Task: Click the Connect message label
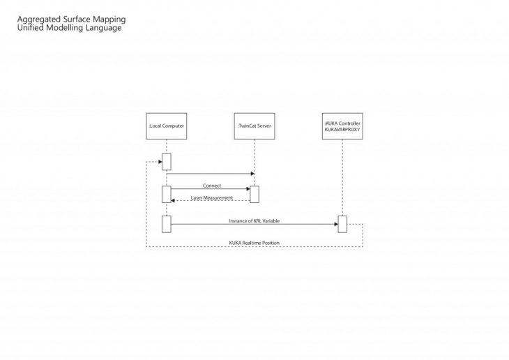pos(212,186)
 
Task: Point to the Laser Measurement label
pos(212,198)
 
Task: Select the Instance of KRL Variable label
pos(255,220)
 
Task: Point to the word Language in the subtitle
pos(103,29)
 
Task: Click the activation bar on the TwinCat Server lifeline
pos(254,194)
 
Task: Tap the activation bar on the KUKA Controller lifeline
pos(342,224)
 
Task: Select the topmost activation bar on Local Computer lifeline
pos(166,161)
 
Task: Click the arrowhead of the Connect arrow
pos(248,188)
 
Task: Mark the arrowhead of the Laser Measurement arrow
pos(174,201)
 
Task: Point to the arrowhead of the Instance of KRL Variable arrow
pos(335,224)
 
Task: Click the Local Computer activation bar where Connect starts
pos(166,194)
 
